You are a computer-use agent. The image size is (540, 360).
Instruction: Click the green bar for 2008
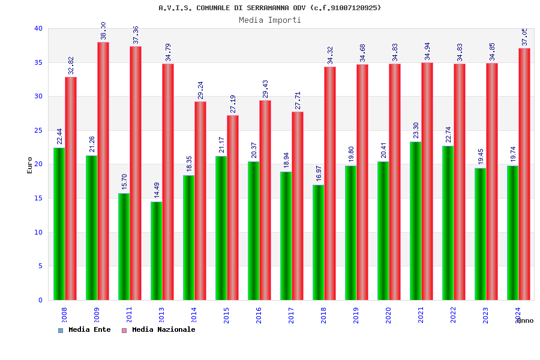point(59,224)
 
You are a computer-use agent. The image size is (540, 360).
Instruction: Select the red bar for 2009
point(103,171)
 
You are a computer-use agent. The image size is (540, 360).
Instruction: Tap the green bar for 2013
point(156,251)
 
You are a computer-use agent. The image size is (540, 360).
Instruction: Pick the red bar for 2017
point(298,206)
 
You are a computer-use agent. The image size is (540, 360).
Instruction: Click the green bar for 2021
point(415,221)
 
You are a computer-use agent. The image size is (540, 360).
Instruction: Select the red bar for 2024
point(524,174)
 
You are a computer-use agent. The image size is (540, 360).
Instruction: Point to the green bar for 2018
point(318,242)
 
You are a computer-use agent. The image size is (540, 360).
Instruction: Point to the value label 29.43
point(265,89)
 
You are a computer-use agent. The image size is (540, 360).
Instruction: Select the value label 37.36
point(136,35)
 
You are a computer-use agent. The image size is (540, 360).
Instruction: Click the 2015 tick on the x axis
point(226,315)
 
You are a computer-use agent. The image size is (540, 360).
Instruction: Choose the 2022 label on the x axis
point(453,315)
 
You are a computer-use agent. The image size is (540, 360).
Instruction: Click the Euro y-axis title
point(30,165)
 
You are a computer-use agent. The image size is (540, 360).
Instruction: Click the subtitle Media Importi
point(270,20)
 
